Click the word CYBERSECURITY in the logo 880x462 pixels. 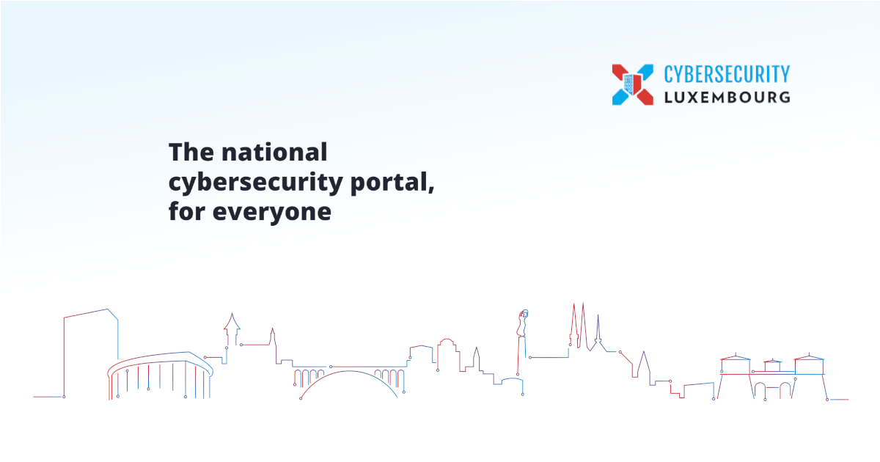click(x=727, y=74)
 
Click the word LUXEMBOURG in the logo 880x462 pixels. click(x=727, y=98)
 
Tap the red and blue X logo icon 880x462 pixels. click(x=632, y=84)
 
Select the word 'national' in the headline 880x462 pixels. click(x=274, y=152)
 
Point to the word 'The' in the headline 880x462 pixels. click(x=191, y=152)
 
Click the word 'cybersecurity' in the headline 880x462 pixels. click(x=256, y=183)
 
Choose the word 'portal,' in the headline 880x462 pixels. click(x=392, y=183)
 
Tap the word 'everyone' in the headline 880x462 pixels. click(x=272, y=213)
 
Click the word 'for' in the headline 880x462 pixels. click(x=187, y=211)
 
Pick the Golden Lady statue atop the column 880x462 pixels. click(x=522, y=323)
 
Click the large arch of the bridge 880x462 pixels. click(x=349, y=372)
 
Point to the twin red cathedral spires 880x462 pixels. click(x=579, y=326)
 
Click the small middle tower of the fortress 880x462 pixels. click(x=772, y=365)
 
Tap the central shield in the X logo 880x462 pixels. click(x=632, y=84)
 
